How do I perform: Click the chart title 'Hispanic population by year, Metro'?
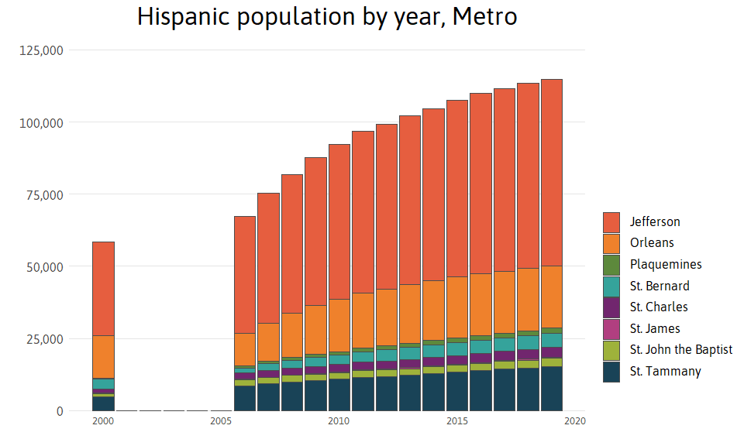pyautogui.click(x=326, y=17)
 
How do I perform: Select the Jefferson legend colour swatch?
pyautogui.click(x=611, y=222)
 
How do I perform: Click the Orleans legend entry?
pyautogui.click(x=652, y=243)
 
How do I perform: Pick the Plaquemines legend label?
pyautogui.click(x=665, y=265)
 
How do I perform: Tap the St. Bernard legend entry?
pyautogui.click(x=659, y=286)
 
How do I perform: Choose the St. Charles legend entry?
pyautogui.click(x=659, y=307)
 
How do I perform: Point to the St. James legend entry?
pyautogui.click(x=655, y=329)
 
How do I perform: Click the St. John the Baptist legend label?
pyautogui.click(x=680, y=350)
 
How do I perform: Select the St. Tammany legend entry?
pyautogui.click(x=665, y=372)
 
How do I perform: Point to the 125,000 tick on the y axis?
pyautogui.click(x=40, y=50)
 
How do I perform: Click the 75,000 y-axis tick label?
pyautogui.click(x=43, y=195)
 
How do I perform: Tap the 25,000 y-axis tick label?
pyautogui.click(x=43, y=339)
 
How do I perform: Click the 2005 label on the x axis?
pyautogui.click(x=221, y=422)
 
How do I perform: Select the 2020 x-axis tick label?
pyautogui.click(x=574, y=422)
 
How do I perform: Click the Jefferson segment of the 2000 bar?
pyautogui.click(x=104, y=289)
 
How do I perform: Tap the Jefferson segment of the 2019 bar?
pyautogui.click(x=551, y=173)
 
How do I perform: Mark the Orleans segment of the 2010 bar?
pyautogui.click(x=339, y=325)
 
